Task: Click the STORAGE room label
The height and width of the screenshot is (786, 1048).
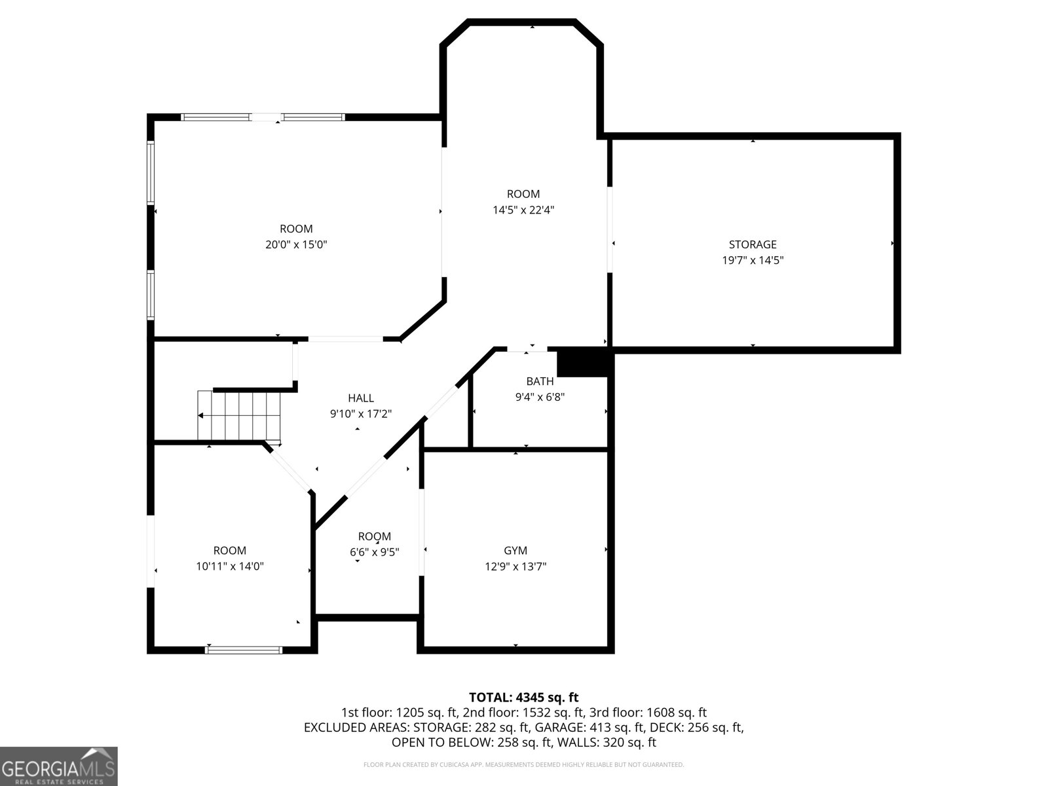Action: [753, 244]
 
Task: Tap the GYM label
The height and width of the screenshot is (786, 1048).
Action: [515, 550]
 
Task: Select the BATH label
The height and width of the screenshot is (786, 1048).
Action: [540, 381]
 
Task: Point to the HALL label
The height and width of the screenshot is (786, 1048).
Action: [360, 398]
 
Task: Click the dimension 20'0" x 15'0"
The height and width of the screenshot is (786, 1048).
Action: [296, 244]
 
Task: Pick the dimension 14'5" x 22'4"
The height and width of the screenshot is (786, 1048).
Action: [523, 210]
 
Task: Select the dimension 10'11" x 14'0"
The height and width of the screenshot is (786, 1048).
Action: [230, 566]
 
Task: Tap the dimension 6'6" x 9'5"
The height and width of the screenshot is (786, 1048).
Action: [374, 552]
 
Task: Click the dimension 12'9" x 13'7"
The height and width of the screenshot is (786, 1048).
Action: [515, 567]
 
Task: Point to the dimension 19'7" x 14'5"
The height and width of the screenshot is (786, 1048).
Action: [753, 260]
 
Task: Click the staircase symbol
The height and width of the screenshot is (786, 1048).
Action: [239, 416]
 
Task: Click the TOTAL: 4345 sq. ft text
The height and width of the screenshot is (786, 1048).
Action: [524, 697]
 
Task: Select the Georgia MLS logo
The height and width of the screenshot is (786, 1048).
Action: [59, 766]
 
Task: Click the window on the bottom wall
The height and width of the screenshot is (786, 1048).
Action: [244, 650]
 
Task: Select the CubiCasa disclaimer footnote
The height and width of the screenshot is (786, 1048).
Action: [524, 764]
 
